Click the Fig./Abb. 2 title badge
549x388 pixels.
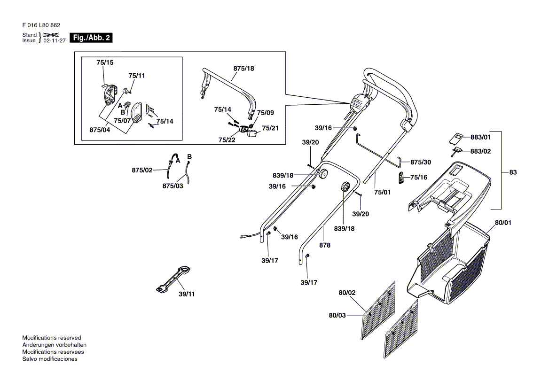(91, 38)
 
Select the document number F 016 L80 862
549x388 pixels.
(41, 25)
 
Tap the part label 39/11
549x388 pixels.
(187, 294)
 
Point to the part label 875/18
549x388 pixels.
(243, 68)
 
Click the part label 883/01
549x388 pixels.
(480, 137)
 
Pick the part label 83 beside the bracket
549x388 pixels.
(513, 172)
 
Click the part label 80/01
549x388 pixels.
(502, 223)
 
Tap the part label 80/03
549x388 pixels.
(337, 315)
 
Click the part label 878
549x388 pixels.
(324, 245)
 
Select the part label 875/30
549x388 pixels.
(421, 162)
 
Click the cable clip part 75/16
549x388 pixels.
(401, 177)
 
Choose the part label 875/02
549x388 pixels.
(142, 170)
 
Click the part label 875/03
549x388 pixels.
(173, 186)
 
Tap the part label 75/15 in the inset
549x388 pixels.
(105, 62)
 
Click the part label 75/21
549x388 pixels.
(270, 128)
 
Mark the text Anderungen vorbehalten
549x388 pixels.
(54, 345)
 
